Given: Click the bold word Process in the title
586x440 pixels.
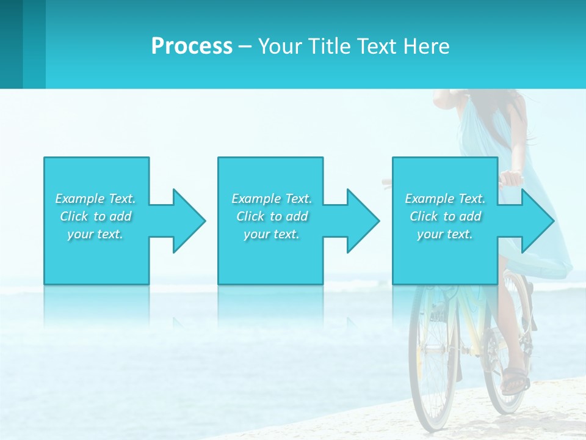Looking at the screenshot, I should click(192, 46).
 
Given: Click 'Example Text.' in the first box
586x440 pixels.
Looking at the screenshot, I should click(95, 199).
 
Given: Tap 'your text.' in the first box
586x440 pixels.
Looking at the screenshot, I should click(95, 234).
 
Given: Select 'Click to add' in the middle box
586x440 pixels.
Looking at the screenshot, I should click(272, 216).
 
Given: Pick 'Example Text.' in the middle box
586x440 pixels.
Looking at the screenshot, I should click(272, 199).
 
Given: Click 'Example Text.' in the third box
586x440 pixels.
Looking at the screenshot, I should click(445, 199).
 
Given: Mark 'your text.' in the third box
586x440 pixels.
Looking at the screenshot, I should click(445, 234).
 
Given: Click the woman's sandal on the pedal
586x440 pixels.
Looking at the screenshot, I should click(515, 380).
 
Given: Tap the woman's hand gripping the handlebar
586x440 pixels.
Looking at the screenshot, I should click(512, 179).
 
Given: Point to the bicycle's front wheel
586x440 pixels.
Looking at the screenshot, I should click(433, 361).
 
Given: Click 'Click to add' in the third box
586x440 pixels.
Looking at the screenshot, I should click(445, 216).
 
